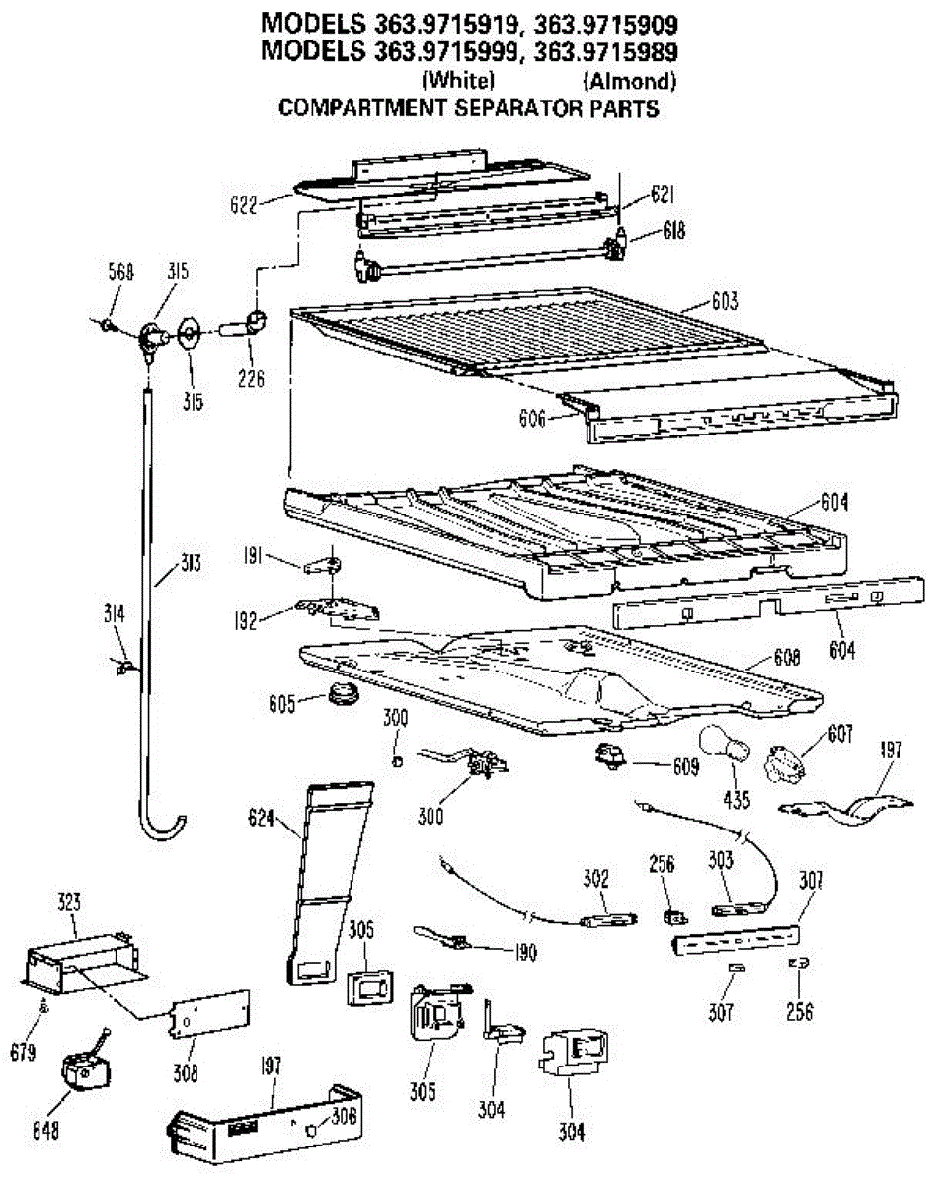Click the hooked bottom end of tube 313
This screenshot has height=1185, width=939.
coord(163,823)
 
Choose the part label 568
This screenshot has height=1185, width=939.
coord(120,272)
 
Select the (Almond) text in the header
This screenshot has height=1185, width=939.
coord(629,81)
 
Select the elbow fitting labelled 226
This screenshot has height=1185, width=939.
coord(252,324)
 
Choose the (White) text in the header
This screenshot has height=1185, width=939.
coord(457,81)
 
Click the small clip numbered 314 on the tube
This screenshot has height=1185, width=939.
coord(123,669)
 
